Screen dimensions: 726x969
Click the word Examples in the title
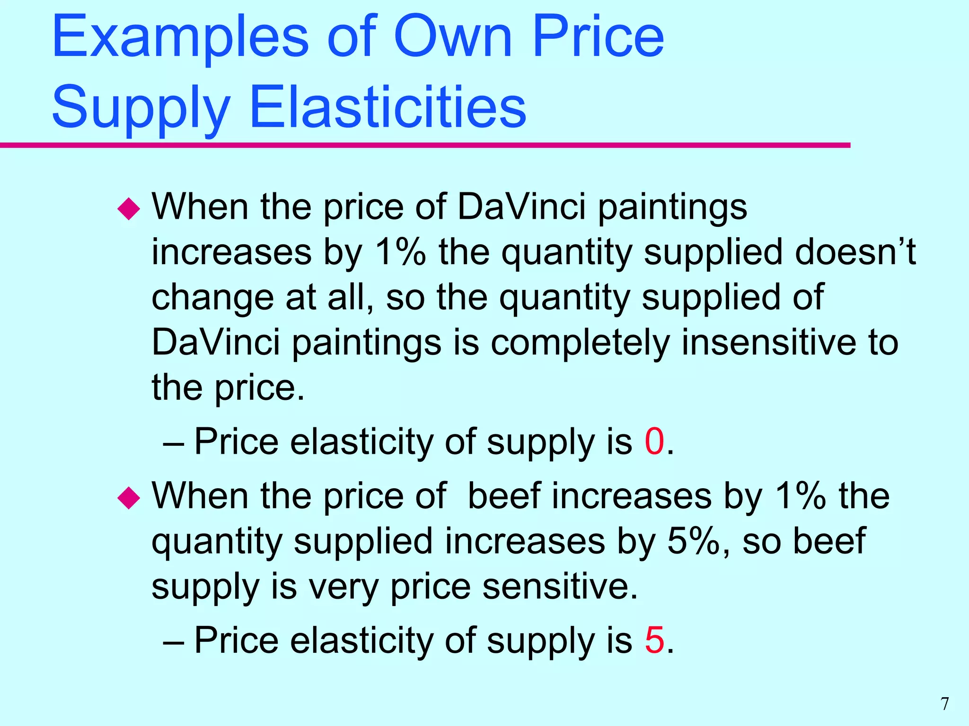click(180, 38)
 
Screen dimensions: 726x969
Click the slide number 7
click(945, 704)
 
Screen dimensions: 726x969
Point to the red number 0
click(654, 441)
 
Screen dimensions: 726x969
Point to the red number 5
click(654, 640)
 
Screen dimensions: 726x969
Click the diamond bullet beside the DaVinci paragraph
click(129, 208)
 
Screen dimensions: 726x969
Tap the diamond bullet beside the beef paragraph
click(129, 498)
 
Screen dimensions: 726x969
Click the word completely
click(580, 342)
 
